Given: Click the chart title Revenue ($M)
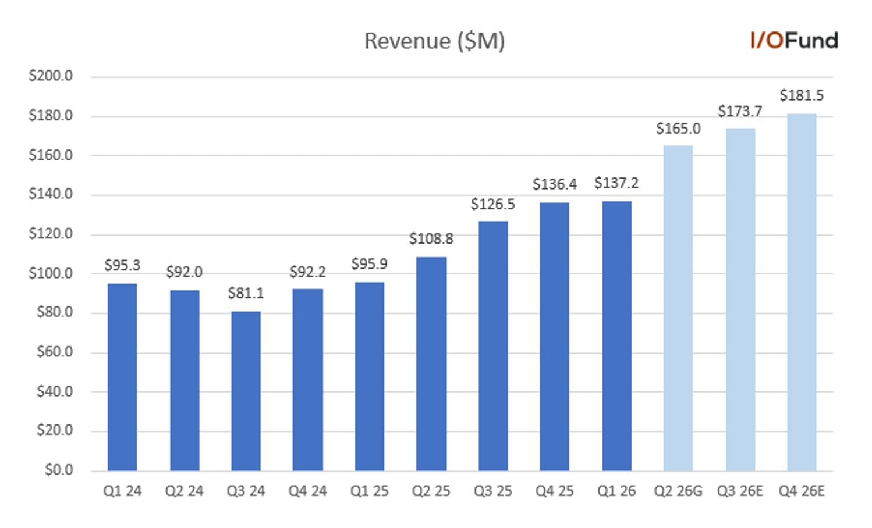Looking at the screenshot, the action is (434, 41).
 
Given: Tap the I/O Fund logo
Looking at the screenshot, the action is (794, 41).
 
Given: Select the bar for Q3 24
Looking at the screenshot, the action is (246, 391).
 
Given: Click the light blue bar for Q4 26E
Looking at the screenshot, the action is (802, 292).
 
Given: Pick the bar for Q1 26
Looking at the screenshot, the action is (616, 336).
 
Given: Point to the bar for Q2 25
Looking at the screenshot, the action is (431, 364).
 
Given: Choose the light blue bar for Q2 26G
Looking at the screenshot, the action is (678, 308).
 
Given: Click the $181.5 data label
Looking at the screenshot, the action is (802, 95).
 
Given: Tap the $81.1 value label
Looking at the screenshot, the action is (246, 292).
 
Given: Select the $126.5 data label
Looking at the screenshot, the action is (493, 204).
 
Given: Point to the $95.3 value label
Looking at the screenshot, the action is (122, 265).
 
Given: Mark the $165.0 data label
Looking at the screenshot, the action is (678, 129).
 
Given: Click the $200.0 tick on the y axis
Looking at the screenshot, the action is (51, 76).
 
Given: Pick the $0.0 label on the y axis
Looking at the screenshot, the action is (59, 470).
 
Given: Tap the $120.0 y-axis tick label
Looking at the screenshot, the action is (51, 234).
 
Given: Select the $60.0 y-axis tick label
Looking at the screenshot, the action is (55, 351).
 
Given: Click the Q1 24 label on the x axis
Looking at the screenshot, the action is (122, 491).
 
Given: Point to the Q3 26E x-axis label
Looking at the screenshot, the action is (740, 491).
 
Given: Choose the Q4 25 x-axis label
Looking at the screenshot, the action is (555, 491).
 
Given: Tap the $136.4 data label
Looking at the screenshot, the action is (555, 184).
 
